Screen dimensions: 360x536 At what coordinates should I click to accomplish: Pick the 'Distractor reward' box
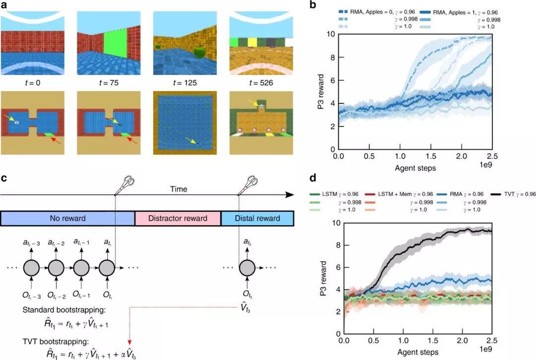tap(178, 218)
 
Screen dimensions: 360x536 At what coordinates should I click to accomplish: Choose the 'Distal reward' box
tap(257, 218)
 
